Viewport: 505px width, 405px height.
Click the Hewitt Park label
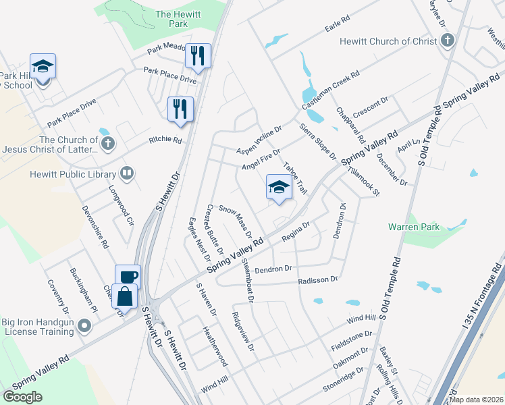click(171, 18)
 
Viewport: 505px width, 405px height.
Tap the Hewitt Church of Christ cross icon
click(447, 41)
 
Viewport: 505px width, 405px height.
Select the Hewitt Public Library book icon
click(126, 174)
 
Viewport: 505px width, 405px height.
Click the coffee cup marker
click(128, 276)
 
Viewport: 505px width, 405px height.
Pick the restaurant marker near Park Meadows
click(198, 55)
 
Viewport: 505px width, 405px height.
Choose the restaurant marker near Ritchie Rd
click(180, 109)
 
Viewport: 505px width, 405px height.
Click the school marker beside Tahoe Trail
click(279, 187)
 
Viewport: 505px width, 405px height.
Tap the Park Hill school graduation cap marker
click(43, 66)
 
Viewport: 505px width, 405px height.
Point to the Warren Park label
click(414, 227)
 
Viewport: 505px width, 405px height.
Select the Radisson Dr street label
click(317, 279)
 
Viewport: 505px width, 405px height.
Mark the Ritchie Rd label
click(165, 140)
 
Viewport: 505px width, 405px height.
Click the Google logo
click(23, 397)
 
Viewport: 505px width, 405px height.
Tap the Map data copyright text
click(477, 400)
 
